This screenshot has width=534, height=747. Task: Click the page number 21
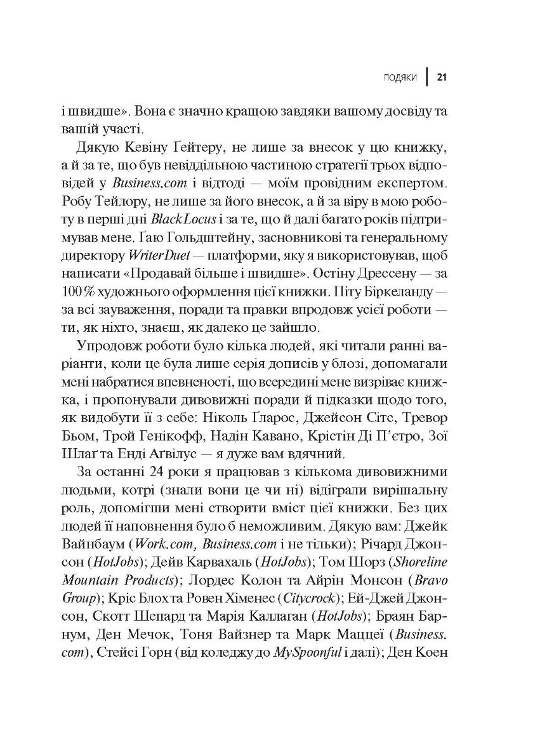443,77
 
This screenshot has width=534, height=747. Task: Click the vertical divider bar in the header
428,77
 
